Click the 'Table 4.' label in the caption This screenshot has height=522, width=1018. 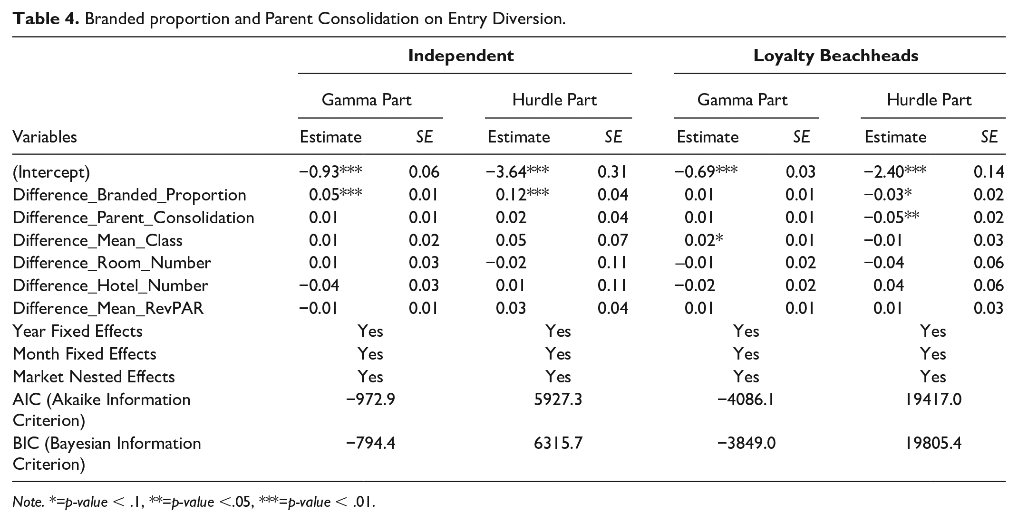(x=46, y=19)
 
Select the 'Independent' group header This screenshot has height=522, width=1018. (x=461, y=56)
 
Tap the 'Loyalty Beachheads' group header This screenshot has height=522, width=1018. (x=836, y=56)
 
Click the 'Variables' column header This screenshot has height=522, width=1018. (x=45, y=137)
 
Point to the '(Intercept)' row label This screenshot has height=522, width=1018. (x=51, y=172)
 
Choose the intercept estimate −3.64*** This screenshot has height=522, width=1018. (x=517, y=171)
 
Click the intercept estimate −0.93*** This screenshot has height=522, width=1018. (x=330, y=171)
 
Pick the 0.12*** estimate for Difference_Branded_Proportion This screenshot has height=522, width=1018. (x=522, y=194)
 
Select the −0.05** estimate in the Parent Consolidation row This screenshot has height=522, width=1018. (x=892, y=217)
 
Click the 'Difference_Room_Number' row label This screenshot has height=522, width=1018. (x=112, y=263)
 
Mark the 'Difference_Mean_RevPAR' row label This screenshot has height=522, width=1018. (x=108, y=308)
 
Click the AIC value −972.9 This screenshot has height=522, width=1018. (x=371, y=399)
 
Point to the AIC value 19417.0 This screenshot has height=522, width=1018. (x=933, y=399)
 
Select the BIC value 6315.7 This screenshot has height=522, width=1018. (x=558, y=443)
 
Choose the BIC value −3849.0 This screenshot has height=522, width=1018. (x=746, y=443)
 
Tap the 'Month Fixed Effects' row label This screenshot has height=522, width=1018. (x=84, y=354)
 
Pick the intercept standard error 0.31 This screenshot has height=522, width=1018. (x=612, y=171)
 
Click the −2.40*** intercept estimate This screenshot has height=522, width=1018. (x=895, y=171)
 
